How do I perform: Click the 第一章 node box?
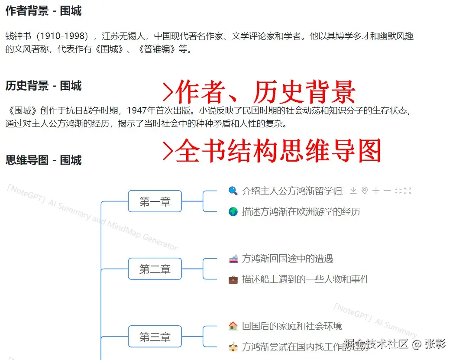(x=155, y=201)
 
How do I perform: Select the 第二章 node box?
(x=155, y=269)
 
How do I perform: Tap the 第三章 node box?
(x=155, y=337)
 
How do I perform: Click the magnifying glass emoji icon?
(x=233, y=191)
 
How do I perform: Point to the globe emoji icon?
(x=233, y=212)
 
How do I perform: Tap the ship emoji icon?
(x=233, y=259)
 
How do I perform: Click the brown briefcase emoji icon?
(x=233, y=279)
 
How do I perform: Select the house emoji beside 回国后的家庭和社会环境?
(x=233, y=326)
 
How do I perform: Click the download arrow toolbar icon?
(x=353, y=191)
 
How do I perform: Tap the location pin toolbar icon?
(x=365, y=191)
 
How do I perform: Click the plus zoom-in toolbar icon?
(x=376, y=191)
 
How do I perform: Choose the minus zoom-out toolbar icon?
(x=387, y=191)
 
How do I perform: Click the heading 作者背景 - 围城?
(x=43, y=11)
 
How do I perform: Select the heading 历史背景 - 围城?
(x=43, y=86)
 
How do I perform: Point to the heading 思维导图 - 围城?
(x=43, y=160)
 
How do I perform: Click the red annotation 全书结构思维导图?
(x=277, y=151)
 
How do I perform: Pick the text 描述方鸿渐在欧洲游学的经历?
(x=301, y=212)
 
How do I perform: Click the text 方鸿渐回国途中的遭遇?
(x=288, y=259)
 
